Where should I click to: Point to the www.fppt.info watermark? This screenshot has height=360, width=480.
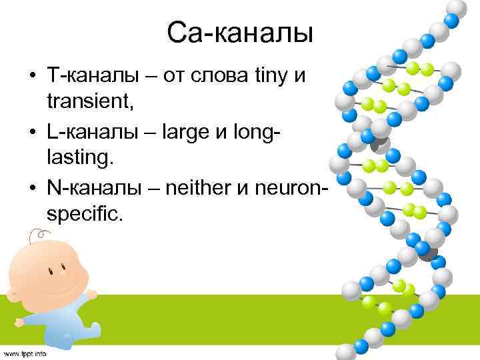tap(24, 353)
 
